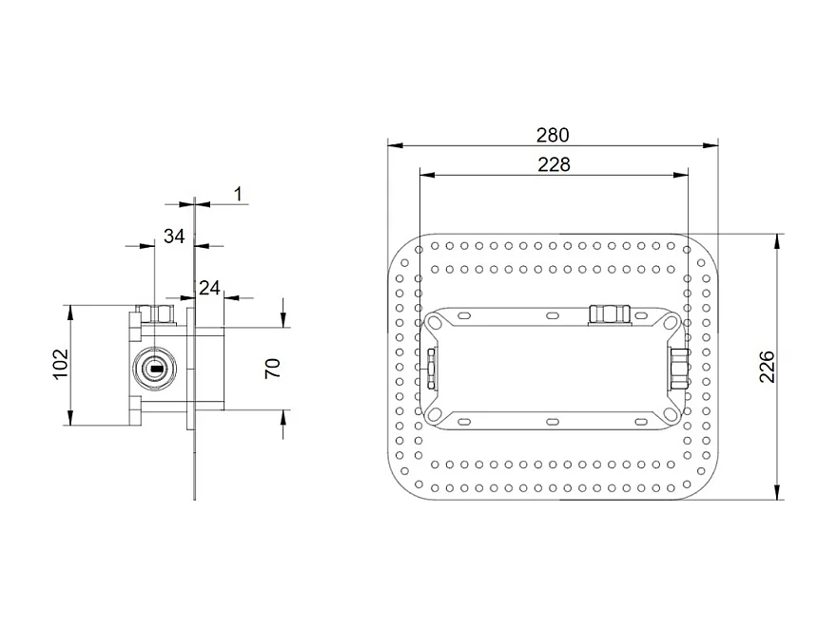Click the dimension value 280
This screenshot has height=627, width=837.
[x=553, y=134]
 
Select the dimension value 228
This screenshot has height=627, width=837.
[x=553, y=163]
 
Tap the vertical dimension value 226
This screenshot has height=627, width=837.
[x=768, y=366]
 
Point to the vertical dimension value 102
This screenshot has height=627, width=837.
[x=59, y=365]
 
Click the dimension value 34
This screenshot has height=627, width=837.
[x=173, y=236]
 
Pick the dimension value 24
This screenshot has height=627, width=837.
[x=209, y=287]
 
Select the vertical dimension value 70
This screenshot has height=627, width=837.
[x=272, y=368]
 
